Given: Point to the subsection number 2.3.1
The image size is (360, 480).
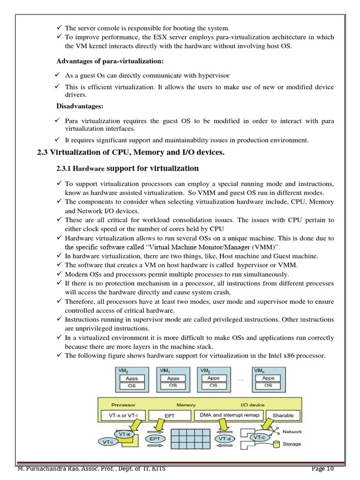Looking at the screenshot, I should coord(63,169).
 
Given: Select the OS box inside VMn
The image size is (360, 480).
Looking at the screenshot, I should coord(268,386).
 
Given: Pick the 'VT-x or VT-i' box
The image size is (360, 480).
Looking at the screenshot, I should coord(123,415).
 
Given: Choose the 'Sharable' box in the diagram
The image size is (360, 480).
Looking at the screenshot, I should coord(283,415).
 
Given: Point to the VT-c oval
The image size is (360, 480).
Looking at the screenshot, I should coord(258,437).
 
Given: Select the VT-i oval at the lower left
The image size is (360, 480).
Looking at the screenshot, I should coord(109,442).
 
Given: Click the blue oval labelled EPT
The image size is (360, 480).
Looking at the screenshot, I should coord(155,439).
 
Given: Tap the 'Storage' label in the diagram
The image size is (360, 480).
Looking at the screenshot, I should coord(292,444).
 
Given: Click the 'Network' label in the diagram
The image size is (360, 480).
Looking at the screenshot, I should coord(292,432).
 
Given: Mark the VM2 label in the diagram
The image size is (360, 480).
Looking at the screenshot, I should coord(205,370).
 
